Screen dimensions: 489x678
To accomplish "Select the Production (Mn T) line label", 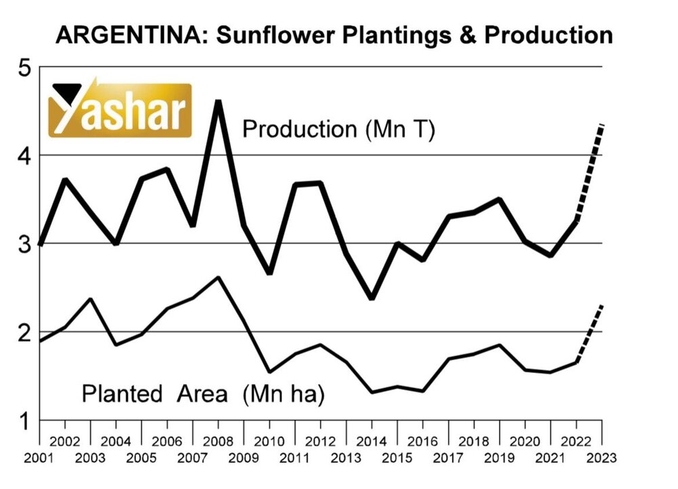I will (338, 129).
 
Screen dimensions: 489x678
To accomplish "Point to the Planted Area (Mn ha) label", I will (203, 393).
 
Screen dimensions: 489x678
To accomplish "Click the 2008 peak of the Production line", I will (218, 102).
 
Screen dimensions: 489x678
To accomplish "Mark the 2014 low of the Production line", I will (372, 297).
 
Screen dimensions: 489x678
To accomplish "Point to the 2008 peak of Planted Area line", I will (218, 277).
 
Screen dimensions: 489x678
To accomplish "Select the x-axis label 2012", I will (321, 440).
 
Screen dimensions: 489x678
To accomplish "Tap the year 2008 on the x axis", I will (218, 440).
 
